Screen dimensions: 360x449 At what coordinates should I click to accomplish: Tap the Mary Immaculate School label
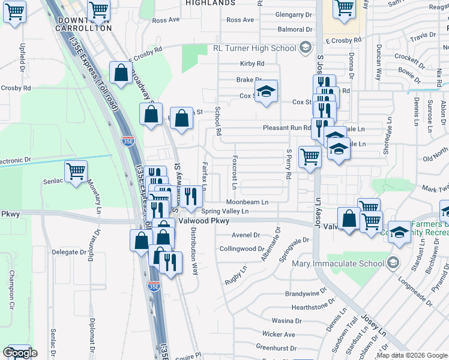click(x=339, y=263)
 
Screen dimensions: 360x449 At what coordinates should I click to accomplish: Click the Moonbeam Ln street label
click(x=247, y=202)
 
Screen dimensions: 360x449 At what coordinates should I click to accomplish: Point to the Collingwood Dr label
click(x=242, y=248)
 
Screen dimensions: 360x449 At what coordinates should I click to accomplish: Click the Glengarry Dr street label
click(x=294, y=14)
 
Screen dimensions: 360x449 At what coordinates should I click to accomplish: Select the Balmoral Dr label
click(x=295, y=29)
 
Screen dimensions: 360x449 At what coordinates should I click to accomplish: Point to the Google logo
click(x=20, y=353)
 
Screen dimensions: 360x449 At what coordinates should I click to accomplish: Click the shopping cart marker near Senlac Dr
click(x=76, y=171)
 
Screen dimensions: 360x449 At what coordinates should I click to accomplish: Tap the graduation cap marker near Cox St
click(x=266, y=91)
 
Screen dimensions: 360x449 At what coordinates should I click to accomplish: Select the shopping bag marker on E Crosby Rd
click(x=121, y=73)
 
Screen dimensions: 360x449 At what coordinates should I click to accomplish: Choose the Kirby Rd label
click(x=252, y=64)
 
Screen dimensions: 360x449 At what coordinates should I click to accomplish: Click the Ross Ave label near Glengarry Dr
click(x=240, y=20)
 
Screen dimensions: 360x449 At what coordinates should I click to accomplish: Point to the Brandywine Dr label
click(x=305, y=293)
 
